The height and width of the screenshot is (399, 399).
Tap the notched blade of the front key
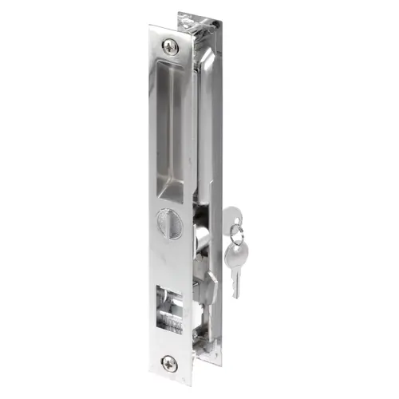click(235, 276)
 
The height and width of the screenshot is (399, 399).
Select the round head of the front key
click(237, 248)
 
